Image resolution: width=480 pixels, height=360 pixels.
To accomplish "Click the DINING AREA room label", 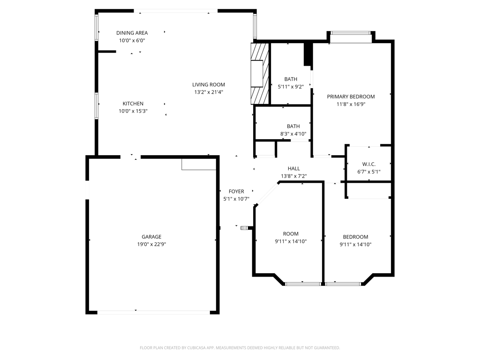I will pos(132,33).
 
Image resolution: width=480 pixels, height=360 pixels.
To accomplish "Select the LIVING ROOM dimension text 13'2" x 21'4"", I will pos(209,92).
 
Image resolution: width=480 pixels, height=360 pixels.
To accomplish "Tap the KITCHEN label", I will pos(133,104).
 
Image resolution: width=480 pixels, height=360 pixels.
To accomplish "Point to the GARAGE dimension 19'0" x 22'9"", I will pos(151,244).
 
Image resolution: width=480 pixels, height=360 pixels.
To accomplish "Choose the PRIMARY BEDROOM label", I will pos(351,97).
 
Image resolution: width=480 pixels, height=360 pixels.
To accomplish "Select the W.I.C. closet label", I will pos(368,164).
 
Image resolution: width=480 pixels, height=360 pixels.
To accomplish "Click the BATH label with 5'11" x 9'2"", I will pos(291,79).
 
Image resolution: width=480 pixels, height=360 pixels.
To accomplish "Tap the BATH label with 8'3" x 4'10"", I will pos(293,126).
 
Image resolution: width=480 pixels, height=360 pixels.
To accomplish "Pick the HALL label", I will pos(293,169).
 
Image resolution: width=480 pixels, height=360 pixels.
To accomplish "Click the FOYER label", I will pos(236,191).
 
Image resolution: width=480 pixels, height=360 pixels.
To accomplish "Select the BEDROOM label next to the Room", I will pos(355,237).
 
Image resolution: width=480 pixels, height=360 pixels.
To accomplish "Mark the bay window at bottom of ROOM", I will pos(303,284).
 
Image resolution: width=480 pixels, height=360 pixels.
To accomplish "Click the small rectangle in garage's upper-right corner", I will pos(199,164).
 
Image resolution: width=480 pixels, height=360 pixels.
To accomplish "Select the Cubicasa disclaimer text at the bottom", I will pos(240,348).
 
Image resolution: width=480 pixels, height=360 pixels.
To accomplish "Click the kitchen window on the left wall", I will pos(97,106).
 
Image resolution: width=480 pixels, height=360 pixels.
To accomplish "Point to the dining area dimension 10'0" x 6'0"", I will pos(132,40).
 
